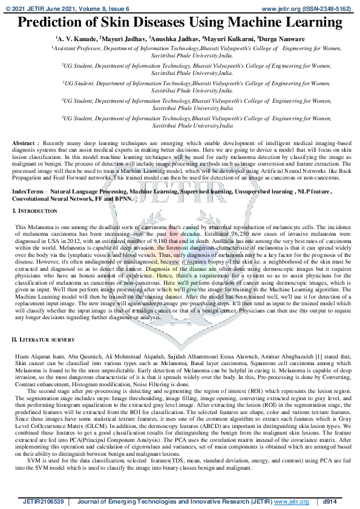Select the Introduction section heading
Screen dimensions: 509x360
(38, 210)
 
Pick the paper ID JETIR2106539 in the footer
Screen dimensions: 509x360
(44, 501)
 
